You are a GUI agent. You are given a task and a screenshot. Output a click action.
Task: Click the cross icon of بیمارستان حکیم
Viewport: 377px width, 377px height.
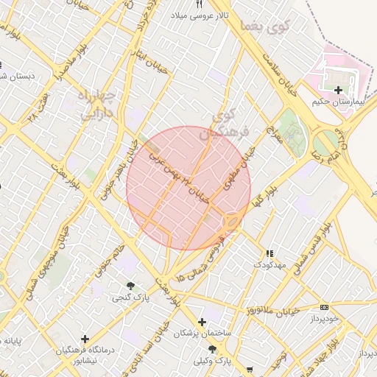338,91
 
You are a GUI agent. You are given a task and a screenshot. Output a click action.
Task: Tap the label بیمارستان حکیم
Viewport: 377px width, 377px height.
338,102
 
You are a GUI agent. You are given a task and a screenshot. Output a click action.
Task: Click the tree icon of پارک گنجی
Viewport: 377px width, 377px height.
131,286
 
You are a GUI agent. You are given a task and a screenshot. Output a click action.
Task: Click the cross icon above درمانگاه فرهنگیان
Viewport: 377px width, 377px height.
85,339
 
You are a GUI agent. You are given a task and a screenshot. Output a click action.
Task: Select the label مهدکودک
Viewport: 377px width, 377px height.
269,263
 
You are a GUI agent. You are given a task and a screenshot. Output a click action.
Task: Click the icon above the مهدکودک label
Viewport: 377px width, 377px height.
269,253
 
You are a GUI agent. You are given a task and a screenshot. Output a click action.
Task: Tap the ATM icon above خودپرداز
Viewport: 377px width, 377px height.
325,306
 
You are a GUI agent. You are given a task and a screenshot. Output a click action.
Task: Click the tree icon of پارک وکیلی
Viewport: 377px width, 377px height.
213,349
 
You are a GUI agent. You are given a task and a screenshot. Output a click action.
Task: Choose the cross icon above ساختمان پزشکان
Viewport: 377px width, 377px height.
202,322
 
